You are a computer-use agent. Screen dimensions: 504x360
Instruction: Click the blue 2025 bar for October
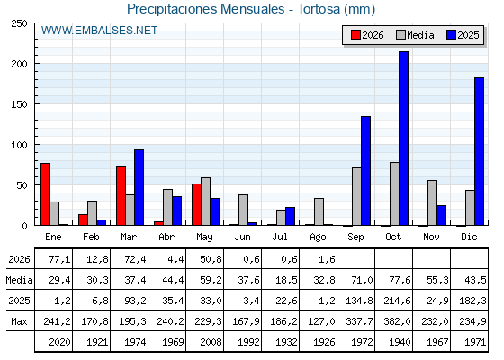403,139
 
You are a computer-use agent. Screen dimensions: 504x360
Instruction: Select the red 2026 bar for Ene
45,194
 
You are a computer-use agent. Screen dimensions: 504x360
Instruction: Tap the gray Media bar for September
356,196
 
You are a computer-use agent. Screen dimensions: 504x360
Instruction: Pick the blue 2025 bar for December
479,151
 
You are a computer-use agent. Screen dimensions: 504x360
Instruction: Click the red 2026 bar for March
121,196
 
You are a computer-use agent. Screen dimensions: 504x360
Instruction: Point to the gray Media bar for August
319,211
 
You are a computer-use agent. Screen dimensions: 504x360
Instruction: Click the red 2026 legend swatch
355,35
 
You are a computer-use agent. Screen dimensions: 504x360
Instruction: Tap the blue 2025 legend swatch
451,35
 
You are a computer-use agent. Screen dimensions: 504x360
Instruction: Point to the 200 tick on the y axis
35,64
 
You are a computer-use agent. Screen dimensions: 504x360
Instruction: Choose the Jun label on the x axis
242,237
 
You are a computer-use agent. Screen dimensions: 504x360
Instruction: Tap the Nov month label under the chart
431,237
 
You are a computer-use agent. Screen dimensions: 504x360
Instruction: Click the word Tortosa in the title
319,9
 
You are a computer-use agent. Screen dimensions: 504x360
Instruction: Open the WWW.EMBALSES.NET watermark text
99,31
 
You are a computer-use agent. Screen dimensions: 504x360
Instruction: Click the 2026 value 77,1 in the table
59,259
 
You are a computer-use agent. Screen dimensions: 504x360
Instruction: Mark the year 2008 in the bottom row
211,342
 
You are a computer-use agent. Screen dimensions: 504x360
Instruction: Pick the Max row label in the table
19,321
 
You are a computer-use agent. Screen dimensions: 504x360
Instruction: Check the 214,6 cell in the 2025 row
397,301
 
